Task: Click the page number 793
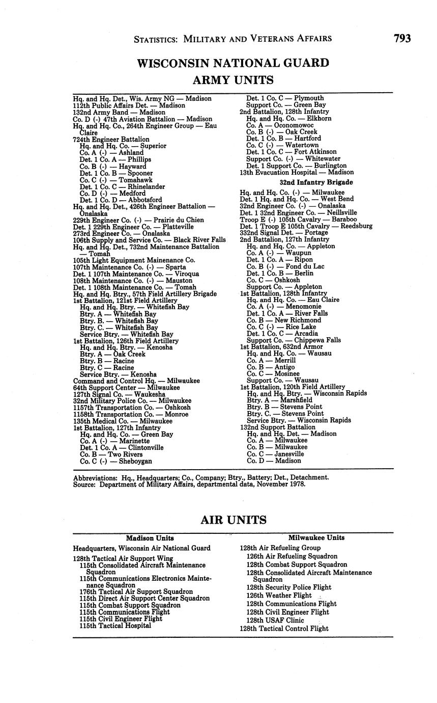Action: [401, 38]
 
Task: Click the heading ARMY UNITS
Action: [233, 80]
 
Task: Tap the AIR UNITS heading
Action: [233, 520]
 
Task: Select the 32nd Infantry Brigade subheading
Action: [316, 182]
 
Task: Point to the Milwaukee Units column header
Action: [316, 537]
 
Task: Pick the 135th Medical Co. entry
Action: [123, 421]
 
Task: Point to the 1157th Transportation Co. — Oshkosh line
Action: [132, 408]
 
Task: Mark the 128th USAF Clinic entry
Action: [275, 620]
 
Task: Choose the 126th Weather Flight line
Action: [279, 595]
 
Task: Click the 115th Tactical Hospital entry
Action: [115, 626]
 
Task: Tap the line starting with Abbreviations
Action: [200, 477]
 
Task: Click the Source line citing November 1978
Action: [189, 484]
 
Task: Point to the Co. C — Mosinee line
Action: [273, 373]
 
